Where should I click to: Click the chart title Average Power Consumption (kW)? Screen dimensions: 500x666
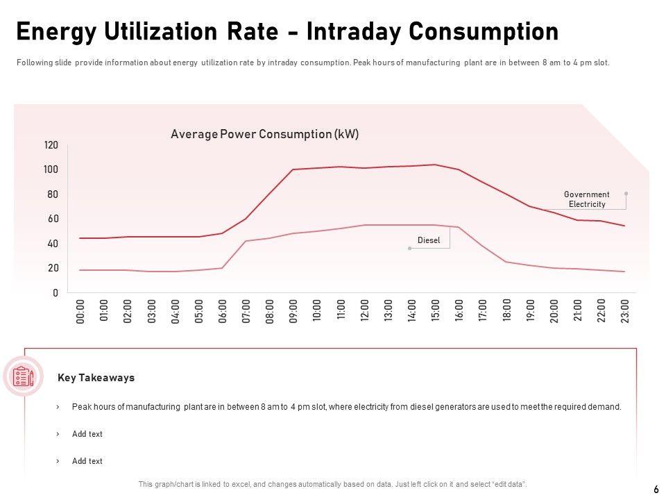click(x=264, y=135)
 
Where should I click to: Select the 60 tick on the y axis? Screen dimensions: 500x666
click(x=53, y=219)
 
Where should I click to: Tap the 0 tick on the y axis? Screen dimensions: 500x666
click(x=55, y=293)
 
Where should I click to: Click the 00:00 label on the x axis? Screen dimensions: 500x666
click(x=80, y=311)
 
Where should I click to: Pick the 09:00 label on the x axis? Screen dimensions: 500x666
click(x=293, y=311)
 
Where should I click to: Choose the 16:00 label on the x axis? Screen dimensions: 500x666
click(x=459, y=311)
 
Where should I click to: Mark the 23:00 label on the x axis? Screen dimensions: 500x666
click(x=624, y=311)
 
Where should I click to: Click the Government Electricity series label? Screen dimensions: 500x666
click(x=586, y=199)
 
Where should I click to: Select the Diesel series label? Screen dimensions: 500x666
click(x=429, y=241)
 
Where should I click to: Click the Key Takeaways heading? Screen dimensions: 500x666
click(x=96, y=378)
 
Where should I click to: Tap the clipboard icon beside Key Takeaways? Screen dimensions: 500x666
click(x=24, y=376)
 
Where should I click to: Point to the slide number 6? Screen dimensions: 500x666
click(x=656, y=489)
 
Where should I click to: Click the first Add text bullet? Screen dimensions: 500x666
click(x=87, y=434)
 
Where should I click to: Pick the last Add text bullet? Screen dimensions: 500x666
click(x=87, y=461)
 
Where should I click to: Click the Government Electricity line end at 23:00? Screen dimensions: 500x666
click(x=624, y=226)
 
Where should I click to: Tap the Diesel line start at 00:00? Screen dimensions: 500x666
click(x=80, y=270)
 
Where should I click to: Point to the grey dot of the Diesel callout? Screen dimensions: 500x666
click(x=409, y=248)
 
